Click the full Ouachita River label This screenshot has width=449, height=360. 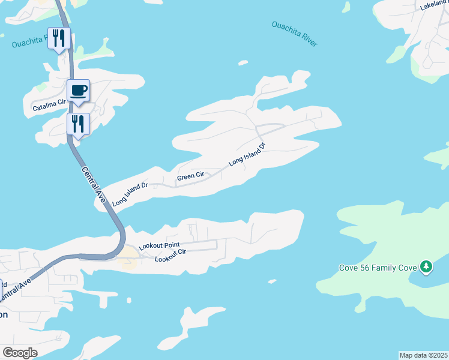click(294, 34)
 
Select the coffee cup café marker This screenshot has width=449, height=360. click(78, 91)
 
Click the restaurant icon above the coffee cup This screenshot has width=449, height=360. click(59, 38)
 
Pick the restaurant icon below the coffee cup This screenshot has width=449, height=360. click(78, 124)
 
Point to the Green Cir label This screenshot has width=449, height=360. click(190, 176)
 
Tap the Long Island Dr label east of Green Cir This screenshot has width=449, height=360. click(247, 154)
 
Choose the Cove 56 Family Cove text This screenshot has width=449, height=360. click(378, 267)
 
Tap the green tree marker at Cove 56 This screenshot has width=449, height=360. click(426, 266)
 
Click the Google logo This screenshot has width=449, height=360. click(20, 353)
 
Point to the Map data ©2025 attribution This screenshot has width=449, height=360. click(423, 355)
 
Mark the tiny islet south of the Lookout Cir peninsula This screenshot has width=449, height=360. click(272, 281)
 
